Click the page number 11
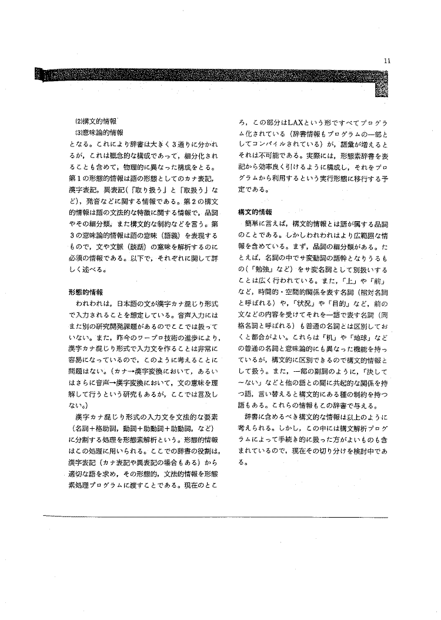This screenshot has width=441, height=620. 386,61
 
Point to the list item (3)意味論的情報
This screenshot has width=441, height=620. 94,133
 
